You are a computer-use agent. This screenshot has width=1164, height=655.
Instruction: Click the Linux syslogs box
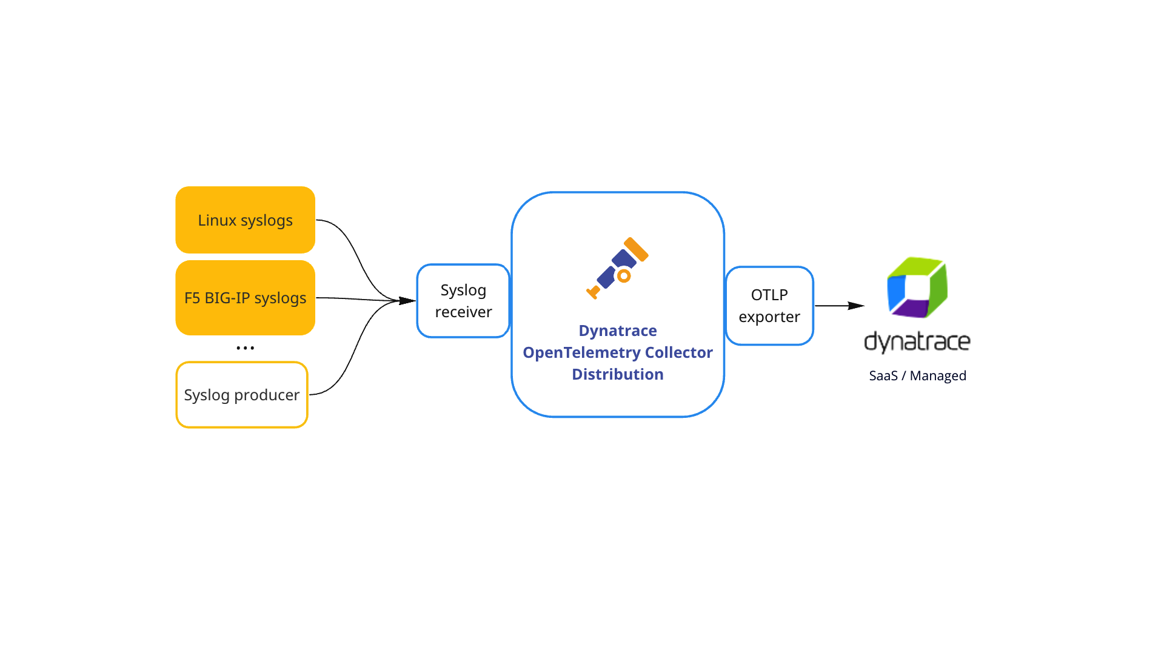pyautogui.click(x=245, y=220)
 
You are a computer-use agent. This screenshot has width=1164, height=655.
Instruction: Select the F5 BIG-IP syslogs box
pyautogui.click(x=245, y=298)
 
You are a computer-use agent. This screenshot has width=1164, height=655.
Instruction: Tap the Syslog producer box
pyautogui.click(x=241, y=395)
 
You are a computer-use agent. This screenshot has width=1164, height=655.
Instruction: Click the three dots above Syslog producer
pyautogui.click(x=245, y=348)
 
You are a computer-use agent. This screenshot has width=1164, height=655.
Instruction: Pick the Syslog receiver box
pyautogui.click(x=463, y=301)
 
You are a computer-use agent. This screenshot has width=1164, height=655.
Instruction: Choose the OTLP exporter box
pyautogui.click(x=769, y=306)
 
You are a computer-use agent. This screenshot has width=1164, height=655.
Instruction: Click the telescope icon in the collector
pyautogui.click(x=617, y=269)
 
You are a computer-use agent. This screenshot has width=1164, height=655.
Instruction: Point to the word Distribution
pyautogui.click(x=617, y=374)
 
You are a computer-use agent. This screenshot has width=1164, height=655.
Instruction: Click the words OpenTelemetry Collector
pyautogui.click(x=617, y=352)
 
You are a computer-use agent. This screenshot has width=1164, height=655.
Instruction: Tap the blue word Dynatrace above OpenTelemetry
pyautogui.click(x=617, y=331)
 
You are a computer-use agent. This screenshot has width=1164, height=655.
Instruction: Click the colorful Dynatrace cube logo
pyautogui.click(x=917, y=287)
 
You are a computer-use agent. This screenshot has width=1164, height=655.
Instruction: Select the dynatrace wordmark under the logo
pyautogui.click(x=917, y=341)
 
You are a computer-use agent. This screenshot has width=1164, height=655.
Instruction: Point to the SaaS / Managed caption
pyautogui.click(x=917, y=375)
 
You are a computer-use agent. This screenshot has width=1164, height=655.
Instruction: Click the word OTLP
pyautogui.click(x=769, y=295)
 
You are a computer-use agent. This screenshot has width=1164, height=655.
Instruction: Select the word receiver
pyautogui.click(x=463, y=312)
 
